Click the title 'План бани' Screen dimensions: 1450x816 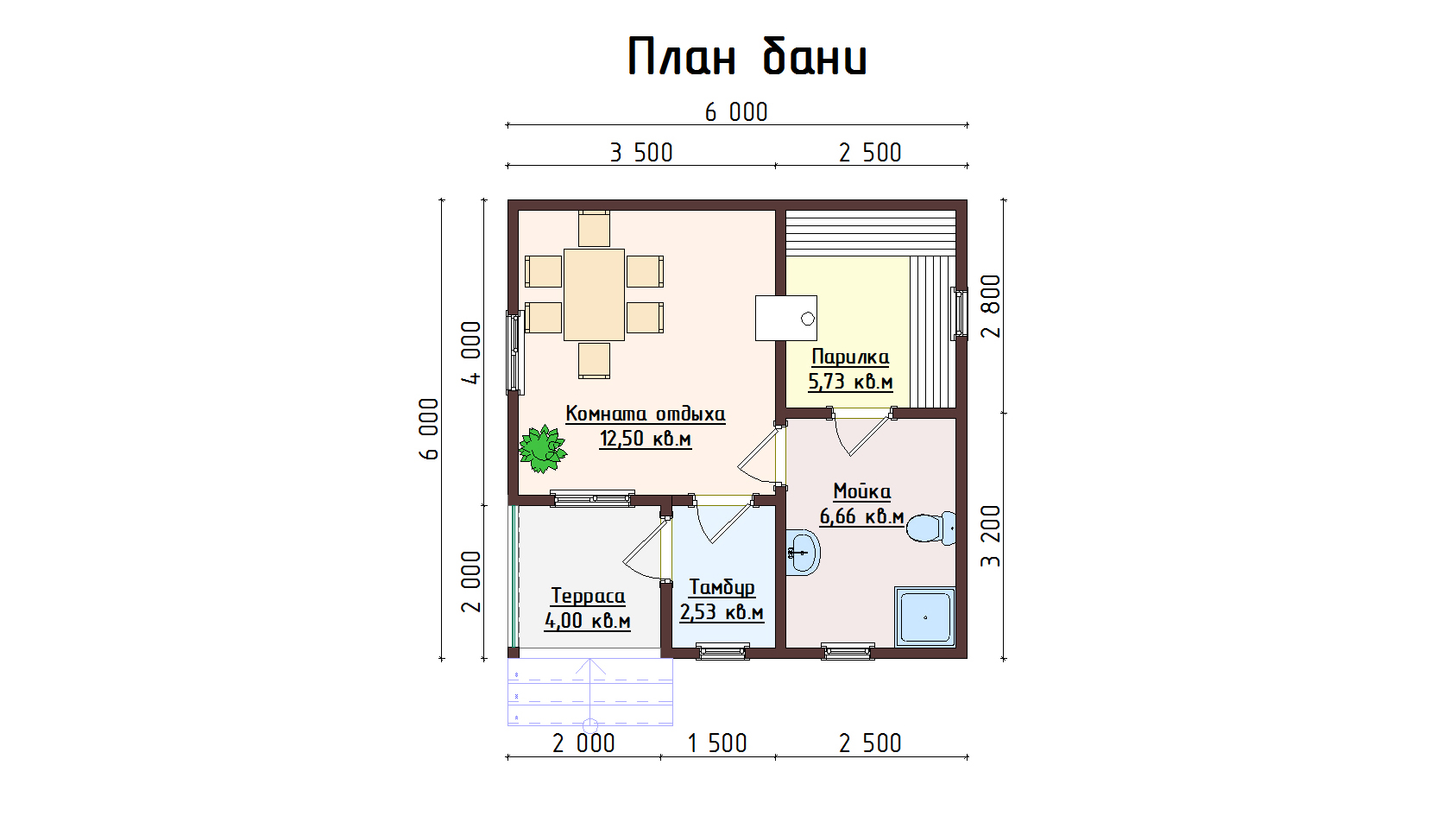point(747,57)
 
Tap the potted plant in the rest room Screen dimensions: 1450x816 point(542,448)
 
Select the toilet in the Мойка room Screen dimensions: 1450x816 point(930,528)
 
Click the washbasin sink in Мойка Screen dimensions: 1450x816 point(803,553)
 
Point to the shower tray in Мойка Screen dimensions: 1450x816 point(925,617)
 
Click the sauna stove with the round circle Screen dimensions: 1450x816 point(785,318)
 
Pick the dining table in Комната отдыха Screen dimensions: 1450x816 point(594,294)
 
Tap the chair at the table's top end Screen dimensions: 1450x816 point(594,229)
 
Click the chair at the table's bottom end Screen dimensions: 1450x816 point(594,361)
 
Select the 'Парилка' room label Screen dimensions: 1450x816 point(850,357)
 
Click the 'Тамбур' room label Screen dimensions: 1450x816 point(722,587)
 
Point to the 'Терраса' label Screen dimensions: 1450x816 point(588,596)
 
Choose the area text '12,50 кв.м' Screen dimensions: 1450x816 point(646,439)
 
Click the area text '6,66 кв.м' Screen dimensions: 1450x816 point(861,516)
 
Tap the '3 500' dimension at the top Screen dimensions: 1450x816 point(640,153)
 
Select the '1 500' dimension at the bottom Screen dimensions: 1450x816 point(716,743)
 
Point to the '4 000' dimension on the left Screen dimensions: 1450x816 point(471,353)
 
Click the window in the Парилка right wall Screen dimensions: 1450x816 point(959,313)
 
